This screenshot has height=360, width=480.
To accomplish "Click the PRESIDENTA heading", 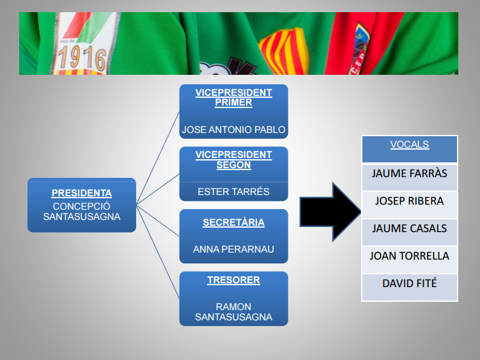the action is (x=82, y=193).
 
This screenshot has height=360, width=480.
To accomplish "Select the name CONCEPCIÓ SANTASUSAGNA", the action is (x=82, y=212).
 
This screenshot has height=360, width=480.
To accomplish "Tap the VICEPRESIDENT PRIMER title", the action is (x=233, y=97).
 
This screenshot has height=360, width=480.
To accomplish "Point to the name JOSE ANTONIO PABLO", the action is (x=233, y=130).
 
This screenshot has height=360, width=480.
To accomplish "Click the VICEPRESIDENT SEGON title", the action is (x=233, y=160).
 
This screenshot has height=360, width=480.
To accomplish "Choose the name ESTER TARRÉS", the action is (x=233, y=192).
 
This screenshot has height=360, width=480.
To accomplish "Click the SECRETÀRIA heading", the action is (x=233, y=222).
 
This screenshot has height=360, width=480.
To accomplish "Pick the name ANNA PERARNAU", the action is (x=233, y=249).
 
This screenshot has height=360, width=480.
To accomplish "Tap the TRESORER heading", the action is (x=233, y=280).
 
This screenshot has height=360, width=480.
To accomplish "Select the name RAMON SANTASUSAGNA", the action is (x=233, y=312).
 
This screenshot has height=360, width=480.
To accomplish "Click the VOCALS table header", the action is (x=410, y=149).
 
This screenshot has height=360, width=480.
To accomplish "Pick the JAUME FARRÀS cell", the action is (x=410, y=177).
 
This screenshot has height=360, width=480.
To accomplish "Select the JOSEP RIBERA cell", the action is (x=410, y=205).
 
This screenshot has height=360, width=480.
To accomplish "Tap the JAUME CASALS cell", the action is (x=410, y=232).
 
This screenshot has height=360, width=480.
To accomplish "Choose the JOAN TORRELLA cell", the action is (x=410, y=260).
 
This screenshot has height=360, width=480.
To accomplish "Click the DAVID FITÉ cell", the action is (x=410, y=287).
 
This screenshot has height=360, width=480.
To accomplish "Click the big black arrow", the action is (x=330, y=212).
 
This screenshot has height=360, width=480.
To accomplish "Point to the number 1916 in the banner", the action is (x=82, y=58).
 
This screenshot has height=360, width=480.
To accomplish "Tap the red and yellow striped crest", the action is (x=284, y=51).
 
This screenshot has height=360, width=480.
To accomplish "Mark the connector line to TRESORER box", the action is (x=158, y=252).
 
